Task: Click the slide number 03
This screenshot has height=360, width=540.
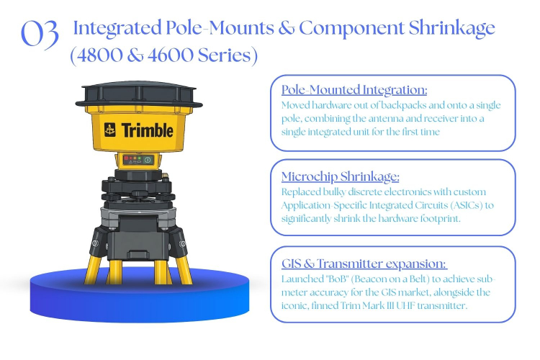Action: tap(40, 33)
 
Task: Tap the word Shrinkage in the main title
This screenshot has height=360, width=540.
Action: tap(452, 28)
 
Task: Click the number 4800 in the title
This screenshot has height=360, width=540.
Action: tap(99, 55)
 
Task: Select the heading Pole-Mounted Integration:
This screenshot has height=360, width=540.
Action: tap(354, 89)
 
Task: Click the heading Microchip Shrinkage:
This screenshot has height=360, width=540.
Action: tap(341, 176)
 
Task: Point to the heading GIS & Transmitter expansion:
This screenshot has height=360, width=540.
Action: tap(364, 264)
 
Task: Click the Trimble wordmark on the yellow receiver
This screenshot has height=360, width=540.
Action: tap(147, 130)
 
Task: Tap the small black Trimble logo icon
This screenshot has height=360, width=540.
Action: tap(110, 130)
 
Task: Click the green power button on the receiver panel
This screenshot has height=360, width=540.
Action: tap(148, 160)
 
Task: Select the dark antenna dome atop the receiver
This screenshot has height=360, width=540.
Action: tap(139, 94)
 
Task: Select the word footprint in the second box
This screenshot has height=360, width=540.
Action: tap(440, 219)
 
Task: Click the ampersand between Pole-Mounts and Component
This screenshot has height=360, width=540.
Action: tap(286, 28)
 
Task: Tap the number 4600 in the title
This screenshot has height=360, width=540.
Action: tap(171, 55)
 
